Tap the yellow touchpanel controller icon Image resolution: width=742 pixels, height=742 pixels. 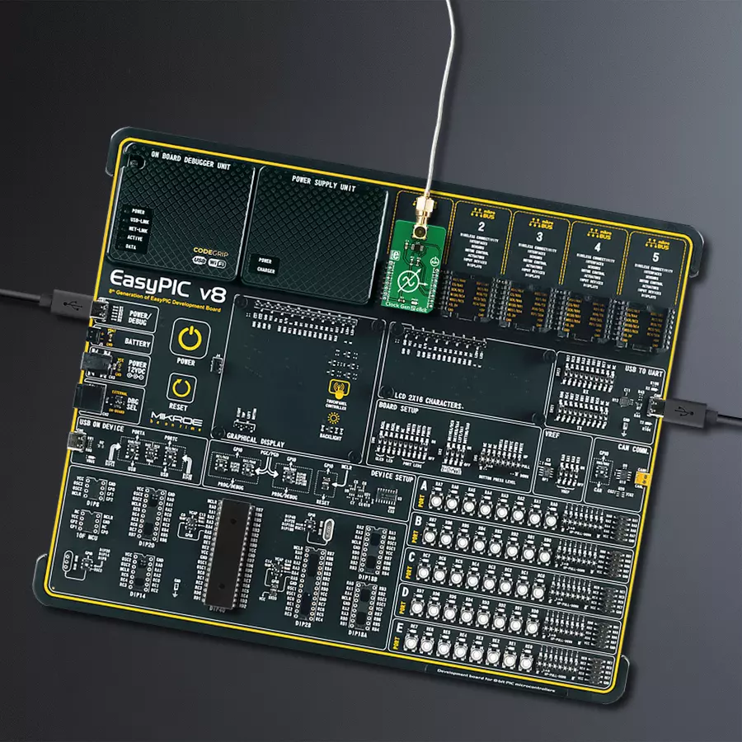tap(336, 389)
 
